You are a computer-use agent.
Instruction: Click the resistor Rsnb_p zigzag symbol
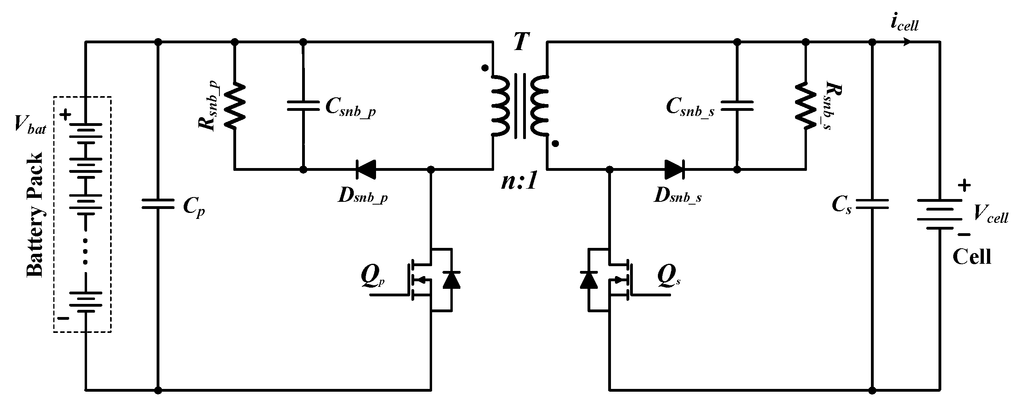click(x=235, y=106)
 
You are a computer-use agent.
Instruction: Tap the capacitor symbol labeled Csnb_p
click(x=303, y=106)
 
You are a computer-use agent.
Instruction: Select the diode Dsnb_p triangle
click(x=365, y=170)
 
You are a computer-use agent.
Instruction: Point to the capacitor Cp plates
click(x=158, y=205)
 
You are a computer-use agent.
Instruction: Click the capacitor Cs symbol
click(x=872, y=205)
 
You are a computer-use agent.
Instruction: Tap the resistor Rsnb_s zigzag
click(x=806, y=106)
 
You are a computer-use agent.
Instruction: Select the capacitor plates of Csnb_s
click(x=737, y=106)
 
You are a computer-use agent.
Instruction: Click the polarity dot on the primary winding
click(x=484, y=68)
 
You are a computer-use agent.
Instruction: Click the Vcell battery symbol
click(x=940, y=215)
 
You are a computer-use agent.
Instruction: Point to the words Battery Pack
click(x=35, y=215)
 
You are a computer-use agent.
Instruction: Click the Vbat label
click(x=30, y=126)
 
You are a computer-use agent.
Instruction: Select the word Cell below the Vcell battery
click(x=972, y=257)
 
